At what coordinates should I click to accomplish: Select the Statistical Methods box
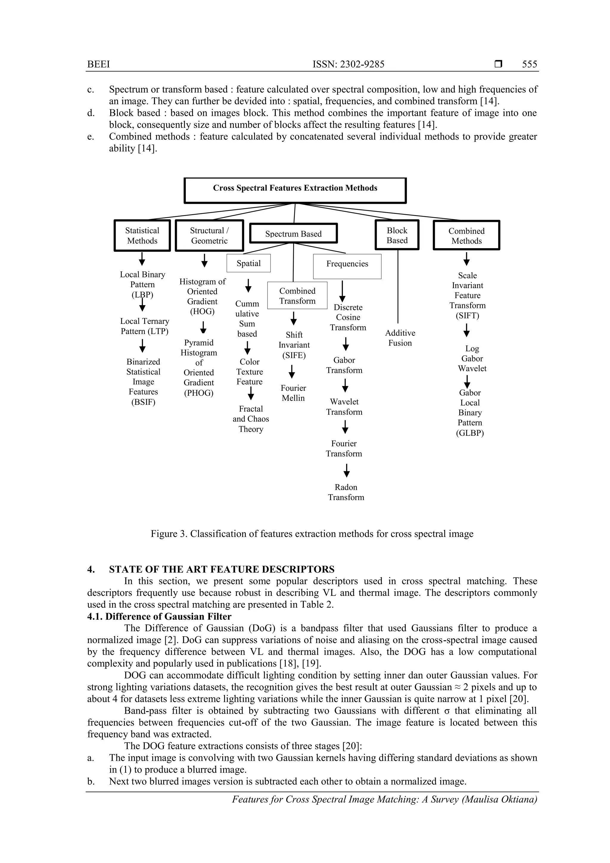coord(142,236)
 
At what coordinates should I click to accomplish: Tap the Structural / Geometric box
coord(209,236)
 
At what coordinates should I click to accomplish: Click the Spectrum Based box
coord(294,234)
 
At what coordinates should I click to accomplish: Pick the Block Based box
coord(397,235)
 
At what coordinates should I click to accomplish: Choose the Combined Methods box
coord(466,236)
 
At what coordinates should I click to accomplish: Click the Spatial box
coord(248,263)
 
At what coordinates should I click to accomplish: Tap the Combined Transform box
coord(297,296)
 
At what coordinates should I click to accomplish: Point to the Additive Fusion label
coord(400,338)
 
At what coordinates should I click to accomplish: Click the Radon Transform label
coord(346,492)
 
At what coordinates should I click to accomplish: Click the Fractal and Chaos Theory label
coord(251,419)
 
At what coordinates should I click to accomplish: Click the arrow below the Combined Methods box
coord(466,259)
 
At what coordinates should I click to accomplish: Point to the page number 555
coord(529,64)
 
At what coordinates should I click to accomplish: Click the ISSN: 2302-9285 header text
coord(348,64)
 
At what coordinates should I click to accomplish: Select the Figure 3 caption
coord(312,534)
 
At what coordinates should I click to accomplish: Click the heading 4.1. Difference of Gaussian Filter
coord(159,616)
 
